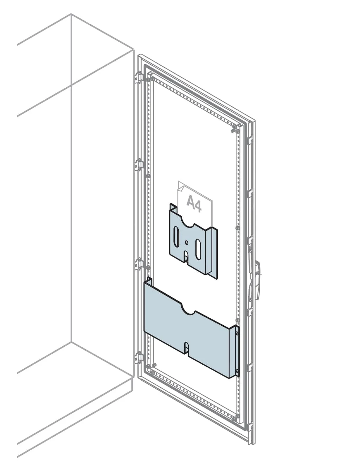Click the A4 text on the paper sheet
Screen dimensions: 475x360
pos(194,204)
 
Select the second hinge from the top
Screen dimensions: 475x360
pos(139,164)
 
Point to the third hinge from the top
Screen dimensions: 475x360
pos(139,264)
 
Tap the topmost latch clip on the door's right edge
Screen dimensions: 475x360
pos(250,140)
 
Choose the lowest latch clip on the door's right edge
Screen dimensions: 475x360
pos(250,427)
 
